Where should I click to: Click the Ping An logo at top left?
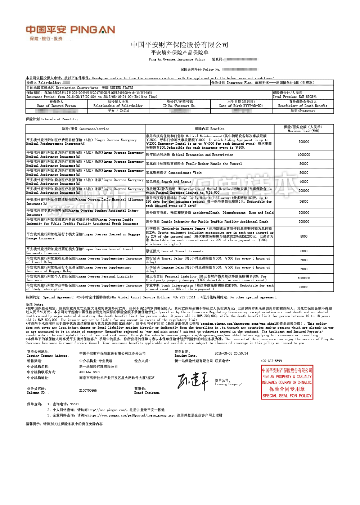coord(70,32)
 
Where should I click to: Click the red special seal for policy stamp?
coord(287,382)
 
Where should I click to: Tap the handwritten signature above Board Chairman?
coord(193,381)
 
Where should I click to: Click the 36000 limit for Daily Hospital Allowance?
coord(303,202)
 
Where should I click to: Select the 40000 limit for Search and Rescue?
coord(303,182)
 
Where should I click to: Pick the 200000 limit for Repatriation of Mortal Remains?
coord(303,191)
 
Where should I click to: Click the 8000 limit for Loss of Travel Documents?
coord(303,251)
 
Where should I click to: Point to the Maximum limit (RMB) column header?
coord(303,129)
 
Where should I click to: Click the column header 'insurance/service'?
coord(85,129)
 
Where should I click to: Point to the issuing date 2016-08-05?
coord(231,353)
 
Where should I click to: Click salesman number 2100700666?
coord(88,391)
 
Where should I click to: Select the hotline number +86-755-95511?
coord(184,297)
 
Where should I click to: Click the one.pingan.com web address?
coord(107,410)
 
